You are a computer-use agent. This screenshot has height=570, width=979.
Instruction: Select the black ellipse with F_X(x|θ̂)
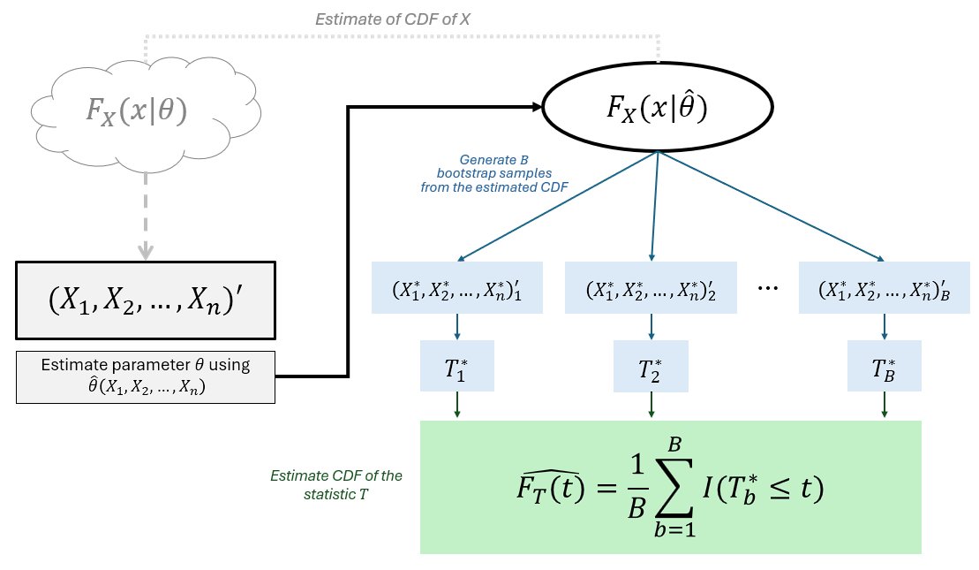[657, 107]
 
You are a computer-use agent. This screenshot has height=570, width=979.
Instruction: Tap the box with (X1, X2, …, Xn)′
[146, 300]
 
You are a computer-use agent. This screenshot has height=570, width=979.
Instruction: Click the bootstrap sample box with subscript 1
[457, 288]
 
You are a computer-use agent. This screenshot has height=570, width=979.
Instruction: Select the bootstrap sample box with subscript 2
[651, 288]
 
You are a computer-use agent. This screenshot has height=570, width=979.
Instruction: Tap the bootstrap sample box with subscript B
[884, 288]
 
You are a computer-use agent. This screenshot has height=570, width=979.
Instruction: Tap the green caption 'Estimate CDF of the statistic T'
[335, 485]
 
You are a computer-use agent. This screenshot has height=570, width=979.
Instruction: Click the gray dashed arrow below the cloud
[146, 212]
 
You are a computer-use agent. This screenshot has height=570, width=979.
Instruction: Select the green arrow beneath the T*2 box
[651, 406]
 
